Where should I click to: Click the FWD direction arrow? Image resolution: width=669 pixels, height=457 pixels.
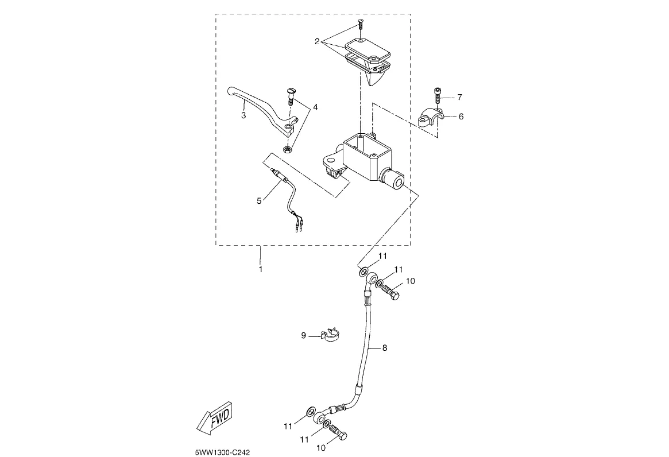(214, 418)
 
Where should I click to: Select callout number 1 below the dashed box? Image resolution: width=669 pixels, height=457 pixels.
(260, 269)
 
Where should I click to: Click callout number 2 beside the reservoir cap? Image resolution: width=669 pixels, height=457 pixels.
(316, 41)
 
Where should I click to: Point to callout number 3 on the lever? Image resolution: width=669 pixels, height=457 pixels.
(243, 115)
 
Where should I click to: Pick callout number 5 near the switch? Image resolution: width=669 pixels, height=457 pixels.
(258, 200)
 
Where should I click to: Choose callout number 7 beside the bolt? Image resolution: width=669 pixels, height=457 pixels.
(459, 97)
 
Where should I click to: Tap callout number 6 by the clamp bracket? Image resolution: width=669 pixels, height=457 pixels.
(461, 116)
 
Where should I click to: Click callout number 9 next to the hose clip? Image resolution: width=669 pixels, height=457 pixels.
(303, 335)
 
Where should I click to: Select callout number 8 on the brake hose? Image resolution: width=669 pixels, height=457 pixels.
(384, 348)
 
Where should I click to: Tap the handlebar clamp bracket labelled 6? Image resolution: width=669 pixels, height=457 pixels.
(431, 117)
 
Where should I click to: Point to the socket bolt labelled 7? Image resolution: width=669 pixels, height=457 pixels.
(438, 95)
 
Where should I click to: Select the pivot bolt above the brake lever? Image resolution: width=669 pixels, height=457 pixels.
(291, 97)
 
